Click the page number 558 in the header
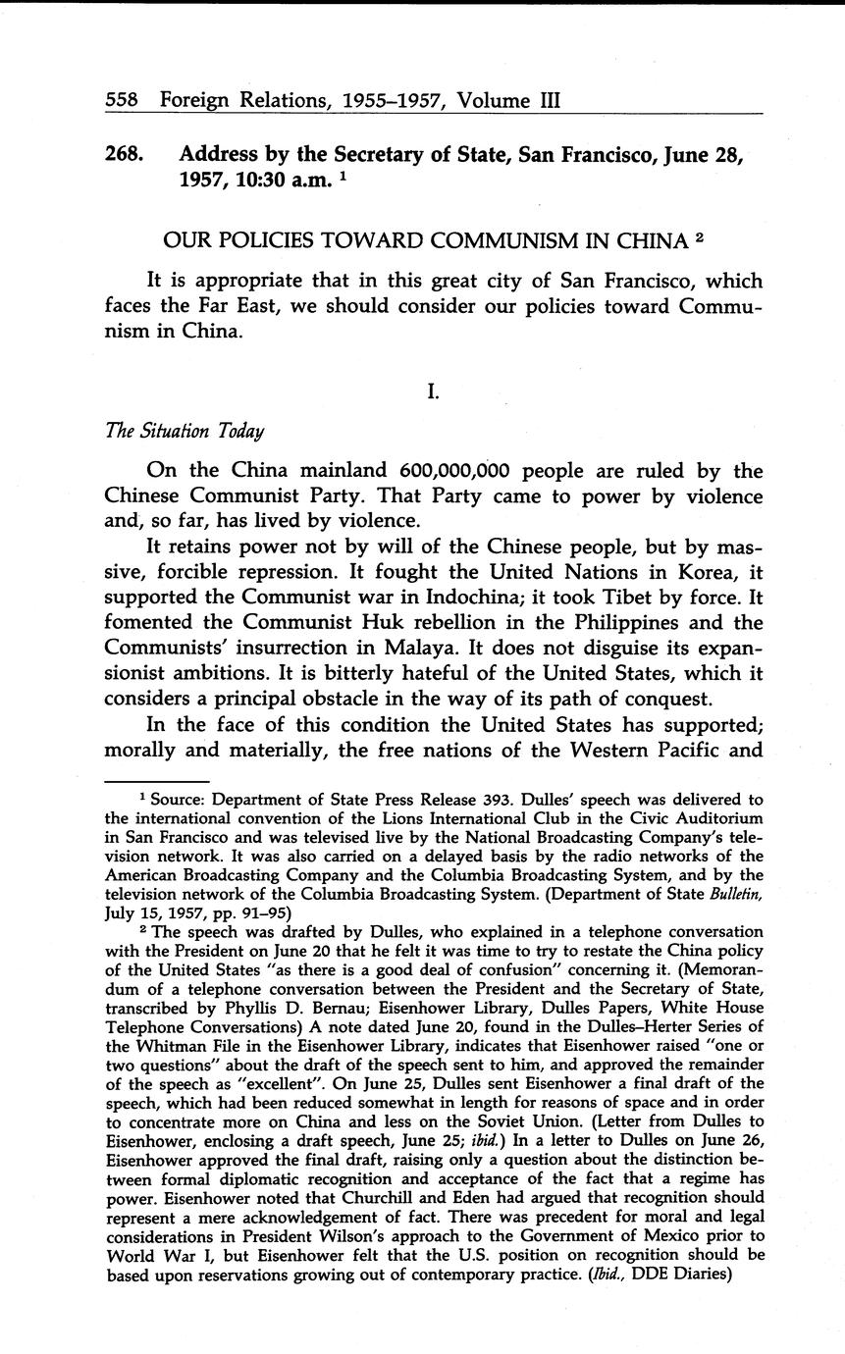(x=122, y=100)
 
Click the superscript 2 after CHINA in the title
(x=699, y=235)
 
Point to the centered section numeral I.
(x=432, y=391)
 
